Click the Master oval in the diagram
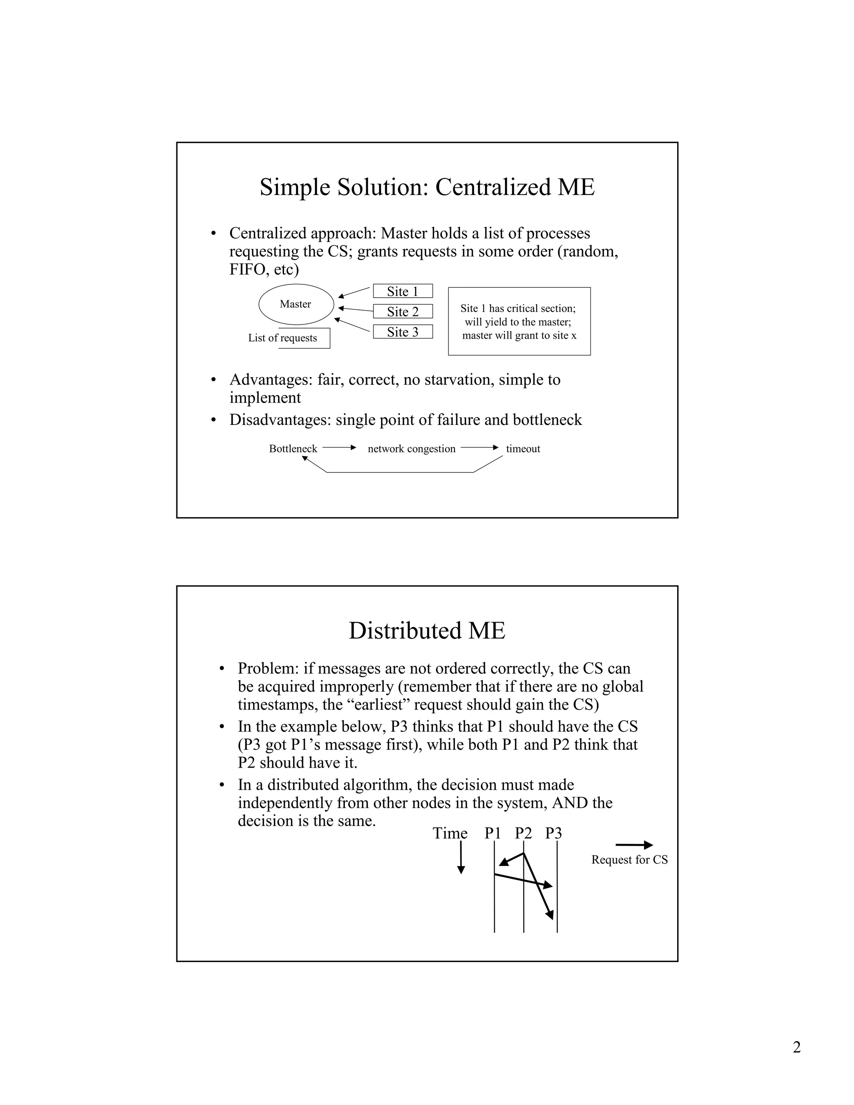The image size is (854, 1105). tap(296, 304)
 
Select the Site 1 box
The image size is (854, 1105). tap(403, 291)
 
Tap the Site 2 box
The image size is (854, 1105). tap(403, 311)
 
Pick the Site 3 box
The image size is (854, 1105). tap(403, 331)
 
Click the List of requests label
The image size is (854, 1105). tap(282, 338)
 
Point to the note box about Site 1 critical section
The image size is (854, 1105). tap(519, 321)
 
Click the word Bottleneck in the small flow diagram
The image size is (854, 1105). tap(293, 449)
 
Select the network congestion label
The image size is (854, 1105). tap(411, 449)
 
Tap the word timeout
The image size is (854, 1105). tap(523, 449)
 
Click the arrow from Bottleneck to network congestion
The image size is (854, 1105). tap(339, 448)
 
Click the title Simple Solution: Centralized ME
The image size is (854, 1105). tap(427, 187)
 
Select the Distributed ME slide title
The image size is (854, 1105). tap(427, 631)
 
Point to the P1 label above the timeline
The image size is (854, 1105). tap(492, 833)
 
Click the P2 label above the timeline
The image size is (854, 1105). tap(523, 833)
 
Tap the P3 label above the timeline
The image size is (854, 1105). tap(553, 833)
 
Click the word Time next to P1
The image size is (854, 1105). tap(450, 833)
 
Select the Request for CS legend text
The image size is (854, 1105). tap(629, 860)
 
